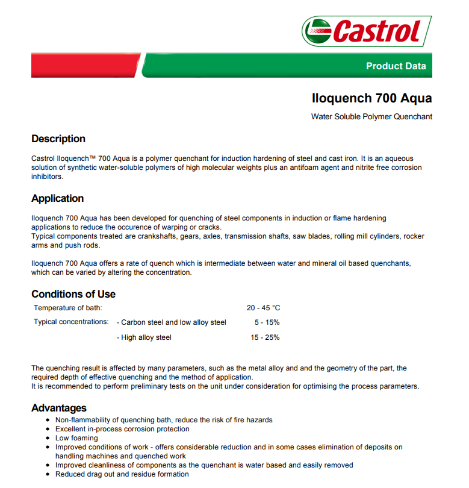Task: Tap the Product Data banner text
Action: (396, 66)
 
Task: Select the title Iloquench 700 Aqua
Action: (371, 98)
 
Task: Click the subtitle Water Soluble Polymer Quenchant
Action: (371, 117)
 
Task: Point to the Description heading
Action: (58, 139)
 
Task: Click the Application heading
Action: (58, 198)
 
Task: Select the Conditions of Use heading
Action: (73, 294)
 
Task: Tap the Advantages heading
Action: (59, 408)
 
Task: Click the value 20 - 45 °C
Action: (263, 308)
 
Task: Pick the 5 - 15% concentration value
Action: (267, 322)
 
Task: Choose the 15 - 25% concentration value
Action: (265, 337)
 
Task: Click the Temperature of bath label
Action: (67, 308)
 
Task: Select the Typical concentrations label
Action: (71, 322)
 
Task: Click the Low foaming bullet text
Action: (76, 438)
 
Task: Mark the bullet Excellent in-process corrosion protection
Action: (122, 429)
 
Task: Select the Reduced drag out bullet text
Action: (122, 474)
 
